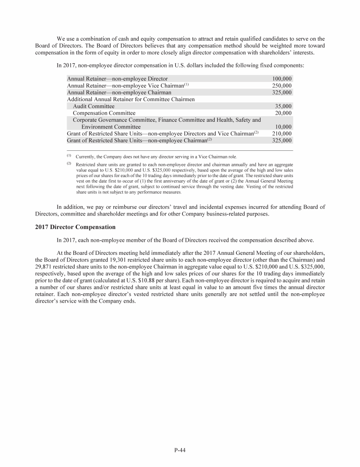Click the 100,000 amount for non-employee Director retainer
[282, 79]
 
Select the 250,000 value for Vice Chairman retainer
[282, 86]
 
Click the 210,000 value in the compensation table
[282, 133]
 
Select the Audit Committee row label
[94, 106]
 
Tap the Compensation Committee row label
[104, 113]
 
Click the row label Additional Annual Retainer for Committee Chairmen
[131, 99]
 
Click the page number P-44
[180, 451]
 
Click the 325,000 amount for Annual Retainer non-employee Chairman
[282, 93]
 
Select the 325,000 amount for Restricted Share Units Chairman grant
[282, 140]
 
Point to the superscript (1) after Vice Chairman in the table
[186, 85]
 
